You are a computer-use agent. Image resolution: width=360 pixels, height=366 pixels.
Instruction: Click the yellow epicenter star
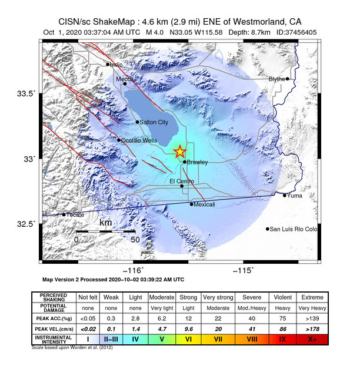(180, 152)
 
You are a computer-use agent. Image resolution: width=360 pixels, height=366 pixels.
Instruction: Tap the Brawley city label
(197, 162)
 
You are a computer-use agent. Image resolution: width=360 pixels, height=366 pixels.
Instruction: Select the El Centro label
(182, 181)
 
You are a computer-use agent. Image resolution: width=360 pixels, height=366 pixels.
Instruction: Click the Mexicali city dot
(192, 204)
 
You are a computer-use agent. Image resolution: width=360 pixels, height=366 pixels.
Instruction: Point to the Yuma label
(295, 196)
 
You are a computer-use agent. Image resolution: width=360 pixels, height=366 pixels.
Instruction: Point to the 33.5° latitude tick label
(26, 93)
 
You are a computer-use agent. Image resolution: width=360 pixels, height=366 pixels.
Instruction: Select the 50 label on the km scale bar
(135, 240)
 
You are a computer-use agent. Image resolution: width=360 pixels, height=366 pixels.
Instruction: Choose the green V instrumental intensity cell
(161, 340)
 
